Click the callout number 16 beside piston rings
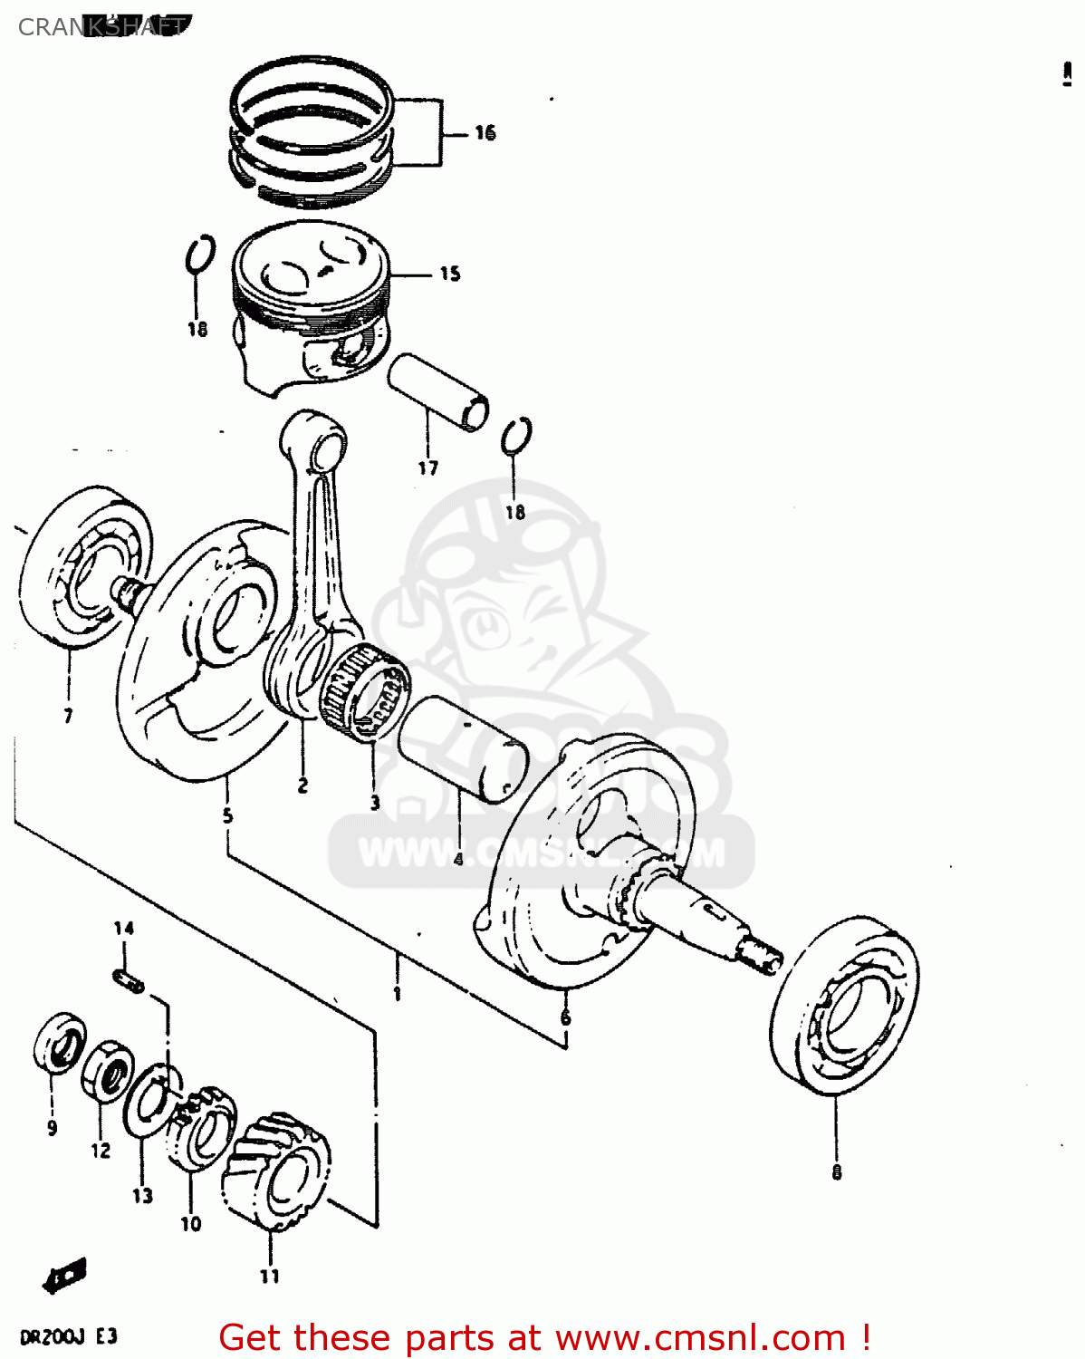[485, 133]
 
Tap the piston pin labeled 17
[438, 392]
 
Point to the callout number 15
[450, 274]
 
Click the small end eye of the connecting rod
[326, 448]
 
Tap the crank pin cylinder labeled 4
[462, 749]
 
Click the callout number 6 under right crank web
[565, 1018]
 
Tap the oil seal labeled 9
[60, 1043]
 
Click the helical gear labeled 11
[276, 1172]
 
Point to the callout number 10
[190, 1224]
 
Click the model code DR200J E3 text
[68, 1337]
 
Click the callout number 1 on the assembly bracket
[397, 994]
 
